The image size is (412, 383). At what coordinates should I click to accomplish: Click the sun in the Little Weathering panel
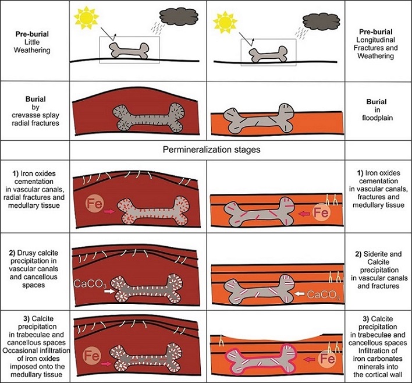(86, 18)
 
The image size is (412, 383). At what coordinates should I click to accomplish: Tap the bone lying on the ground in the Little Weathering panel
(129, 51)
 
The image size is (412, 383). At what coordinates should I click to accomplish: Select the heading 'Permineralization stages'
(211, 150)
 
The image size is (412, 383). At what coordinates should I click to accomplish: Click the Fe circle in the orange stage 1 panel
(321, 212)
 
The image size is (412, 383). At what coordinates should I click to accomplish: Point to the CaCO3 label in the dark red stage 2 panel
(90, 284)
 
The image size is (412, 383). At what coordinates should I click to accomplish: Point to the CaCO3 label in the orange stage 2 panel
(323, 295)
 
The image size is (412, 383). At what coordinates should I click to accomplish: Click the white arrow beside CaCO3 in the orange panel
(299, 293)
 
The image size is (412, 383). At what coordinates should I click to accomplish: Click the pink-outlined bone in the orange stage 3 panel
(261, 359)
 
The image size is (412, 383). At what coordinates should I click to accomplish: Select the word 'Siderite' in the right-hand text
(374, 254)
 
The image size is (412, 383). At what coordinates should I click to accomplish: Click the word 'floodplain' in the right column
(377, 118)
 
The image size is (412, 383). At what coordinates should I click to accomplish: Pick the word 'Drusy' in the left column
(27, 253)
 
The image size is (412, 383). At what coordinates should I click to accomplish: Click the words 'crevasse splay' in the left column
(35, 115)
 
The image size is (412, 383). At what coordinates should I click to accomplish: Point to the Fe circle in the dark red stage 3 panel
(92, 356)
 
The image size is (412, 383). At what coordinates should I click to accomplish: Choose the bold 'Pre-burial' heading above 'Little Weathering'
(32, 34)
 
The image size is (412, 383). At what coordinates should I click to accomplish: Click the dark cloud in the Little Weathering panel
(179, 17)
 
